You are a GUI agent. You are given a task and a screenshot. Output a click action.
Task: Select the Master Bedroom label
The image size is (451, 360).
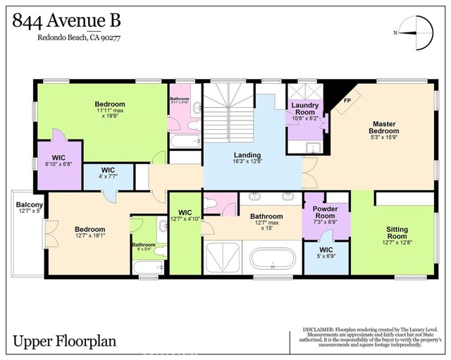click(x=385, y=127)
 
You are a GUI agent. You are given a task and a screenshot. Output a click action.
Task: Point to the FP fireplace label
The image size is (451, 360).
click(x=347, y=101)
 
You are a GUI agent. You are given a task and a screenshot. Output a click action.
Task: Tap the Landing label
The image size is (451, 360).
click(x=247, y=155)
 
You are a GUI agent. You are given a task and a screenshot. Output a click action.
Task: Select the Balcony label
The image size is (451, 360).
click(x=30, y=206)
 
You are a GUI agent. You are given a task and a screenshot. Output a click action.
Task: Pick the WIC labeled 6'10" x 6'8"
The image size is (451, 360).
click(x=58, y=159)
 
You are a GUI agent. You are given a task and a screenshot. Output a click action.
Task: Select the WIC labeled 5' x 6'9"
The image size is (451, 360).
click(x=326, y=253)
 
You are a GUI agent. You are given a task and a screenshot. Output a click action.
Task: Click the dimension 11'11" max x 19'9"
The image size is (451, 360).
click(x=109, y=113)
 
